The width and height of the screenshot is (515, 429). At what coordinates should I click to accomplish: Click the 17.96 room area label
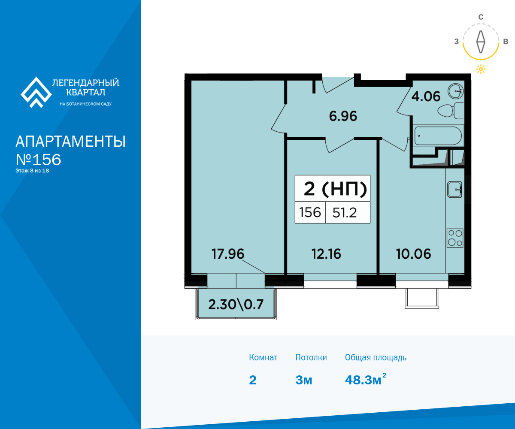click(x=228, y=254)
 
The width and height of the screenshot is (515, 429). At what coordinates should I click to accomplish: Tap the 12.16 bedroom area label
click(x=326, y=254)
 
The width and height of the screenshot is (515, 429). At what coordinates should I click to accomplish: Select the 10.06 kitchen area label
click(x=414, y=254)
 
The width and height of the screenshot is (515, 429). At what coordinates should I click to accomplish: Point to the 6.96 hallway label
click(x=343, y=116)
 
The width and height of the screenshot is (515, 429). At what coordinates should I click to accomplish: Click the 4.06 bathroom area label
click(x=426, y=97)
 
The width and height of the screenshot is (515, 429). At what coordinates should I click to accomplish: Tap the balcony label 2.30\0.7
click(x=236, y=305)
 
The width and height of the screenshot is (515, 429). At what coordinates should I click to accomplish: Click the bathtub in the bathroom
click(x=438, y=136)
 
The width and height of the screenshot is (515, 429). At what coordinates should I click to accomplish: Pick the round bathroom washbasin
click(x=455, y=91)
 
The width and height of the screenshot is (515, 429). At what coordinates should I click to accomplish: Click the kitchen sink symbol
click(x=454, y=190)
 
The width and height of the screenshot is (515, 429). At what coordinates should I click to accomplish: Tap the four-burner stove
click(x=455, y=238)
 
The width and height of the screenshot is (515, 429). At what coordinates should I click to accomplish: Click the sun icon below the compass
click(x=481, y=69)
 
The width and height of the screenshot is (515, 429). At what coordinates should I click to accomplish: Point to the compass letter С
click(x=481, y=17)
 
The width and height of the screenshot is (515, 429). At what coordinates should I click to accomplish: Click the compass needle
click(x=481, y=42)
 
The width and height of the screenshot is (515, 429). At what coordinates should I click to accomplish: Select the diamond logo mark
click(x=36, y=92)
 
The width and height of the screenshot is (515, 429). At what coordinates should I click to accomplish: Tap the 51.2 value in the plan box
click(x=345, y=212)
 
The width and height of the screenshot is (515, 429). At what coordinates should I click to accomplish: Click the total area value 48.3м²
click(x=366, y=379)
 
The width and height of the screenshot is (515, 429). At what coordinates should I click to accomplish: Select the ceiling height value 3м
click(x=304, y=380)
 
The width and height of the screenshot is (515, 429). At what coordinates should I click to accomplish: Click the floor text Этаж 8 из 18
click(x=32, y=171)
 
